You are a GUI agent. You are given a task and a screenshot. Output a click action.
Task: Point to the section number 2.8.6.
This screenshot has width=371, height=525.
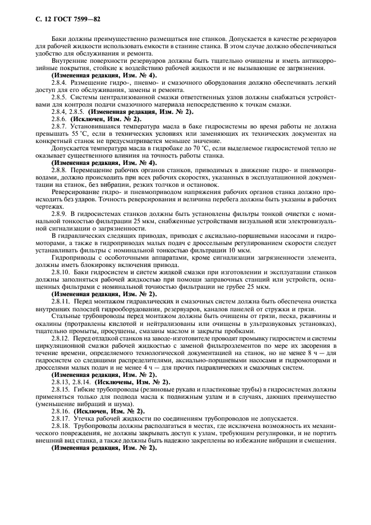pos(60,119)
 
